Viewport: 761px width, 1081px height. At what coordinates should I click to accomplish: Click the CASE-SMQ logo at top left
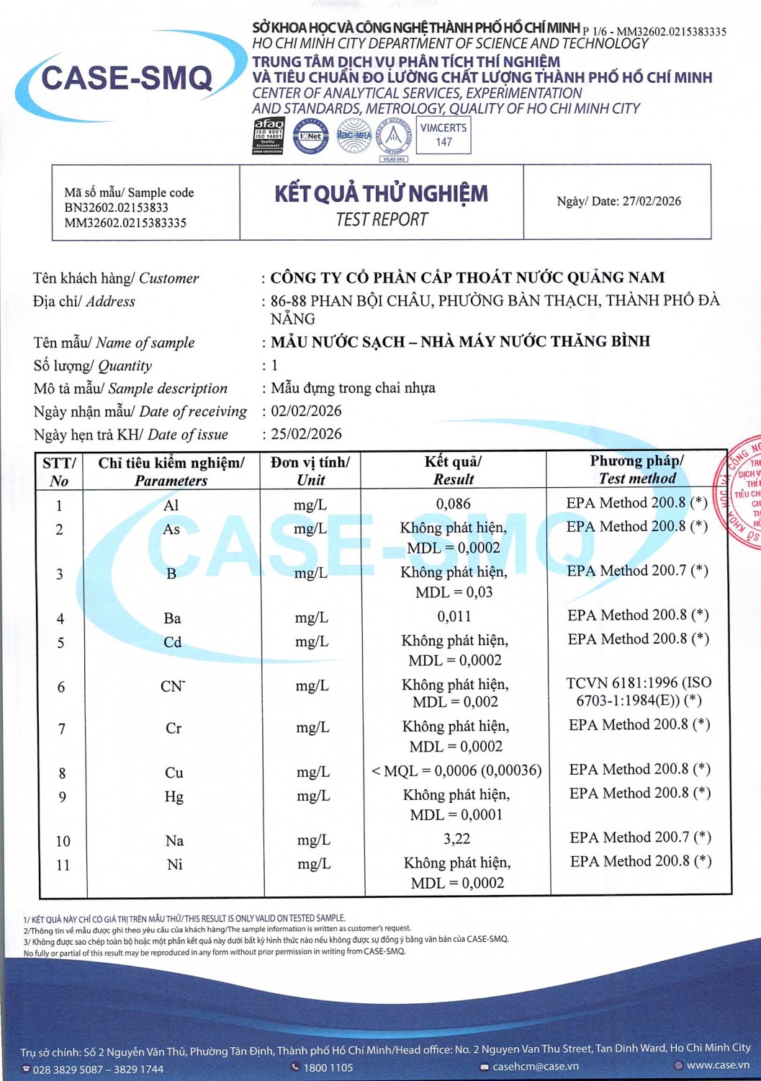click(x=127, y=79)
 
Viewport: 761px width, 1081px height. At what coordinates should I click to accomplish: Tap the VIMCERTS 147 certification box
click(x=443, y=135)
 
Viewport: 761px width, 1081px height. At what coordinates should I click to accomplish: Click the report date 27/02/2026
click(x=651, y=201)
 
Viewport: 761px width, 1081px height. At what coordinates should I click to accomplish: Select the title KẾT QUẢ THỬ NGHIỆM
click(x=382, y=194)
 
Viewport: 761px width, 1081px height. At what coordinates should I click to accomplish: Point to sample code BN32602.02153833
click(x=116, y=208)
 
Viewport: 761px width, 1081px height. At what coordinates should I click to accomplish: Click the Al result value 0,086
click(x=454, y=504)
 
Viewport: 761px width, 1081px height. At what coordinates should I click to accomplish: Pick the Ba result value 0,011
click(x=454, y=616)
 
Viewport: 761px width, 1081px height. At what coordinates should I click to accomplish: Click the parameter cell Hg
click(x=174, y=796)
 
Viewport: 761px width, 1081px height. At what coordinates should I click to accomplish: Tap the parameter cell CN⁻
click(x=173, y=686)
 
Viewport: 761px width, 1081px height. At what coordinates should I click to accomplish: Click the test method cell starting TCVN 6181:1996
click(x=639, y=691)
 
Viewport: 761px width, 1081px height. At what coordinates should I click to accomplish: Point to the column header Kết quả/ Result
click(x=454, y=470)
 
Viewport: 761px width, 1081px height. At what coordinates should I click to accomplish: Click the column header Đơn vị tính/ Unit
click(x=310, y=471)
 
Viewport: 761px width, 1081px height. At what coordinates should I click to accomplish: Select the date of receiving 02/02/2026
click(x=306, y=411)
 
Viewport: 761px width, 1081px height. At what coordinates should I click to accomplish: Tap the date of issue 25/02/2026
click(x=306, y=434)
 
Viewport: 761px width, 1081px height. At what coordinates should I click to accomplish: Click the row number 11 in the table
click(x=63, y=864)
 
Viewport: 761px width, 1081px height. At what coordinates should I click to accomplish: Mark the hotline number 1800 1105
click(x=328, y=1067)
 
